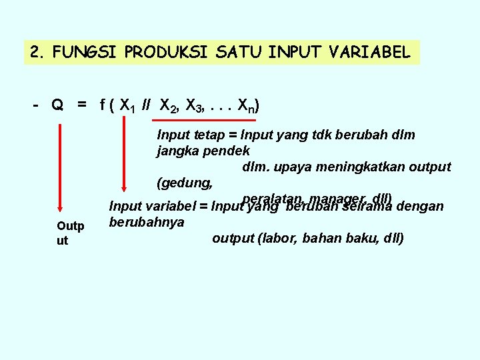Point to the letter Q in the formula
(x=58, y=105)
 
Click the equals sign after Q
(x=81, y=105)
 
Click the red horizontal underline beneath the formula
(x=189, y=121)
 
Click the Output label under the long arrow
(x=69, y=233)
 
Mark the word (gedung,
(x=185, y=182)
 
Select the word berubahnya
(x=146, y=222)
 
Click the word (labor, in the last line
(x=278, y=238)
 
